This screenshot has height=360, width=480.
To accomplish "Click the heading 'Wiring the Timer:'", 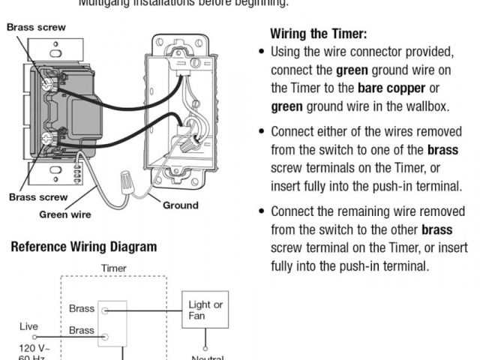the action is (318, 34).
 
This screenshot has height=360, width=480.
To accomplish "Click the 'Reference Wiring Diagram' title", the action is (83, 247).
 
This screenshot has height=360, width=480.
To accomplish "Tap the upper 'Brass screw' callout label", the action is (36, 28).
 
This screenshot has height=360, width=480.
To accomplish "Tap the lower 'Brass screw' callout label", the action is (37, 198).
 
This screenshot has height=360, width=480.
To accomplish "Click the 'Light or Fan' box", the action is (205, 310).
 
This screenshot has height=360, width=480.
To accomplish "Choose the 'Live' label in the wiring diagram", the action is (28, 326).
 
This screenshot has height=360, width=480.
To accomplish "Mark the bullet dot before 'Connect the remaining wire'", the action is (261, 211).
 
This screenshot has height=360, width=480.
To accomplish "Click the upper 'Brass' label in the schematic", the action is (82, 308).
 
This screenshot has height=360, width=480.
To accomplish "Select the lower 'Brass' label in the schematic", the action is (82, 330).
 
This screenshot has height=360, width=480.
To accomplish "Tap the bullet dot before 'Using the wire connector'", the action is (261, 52).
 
